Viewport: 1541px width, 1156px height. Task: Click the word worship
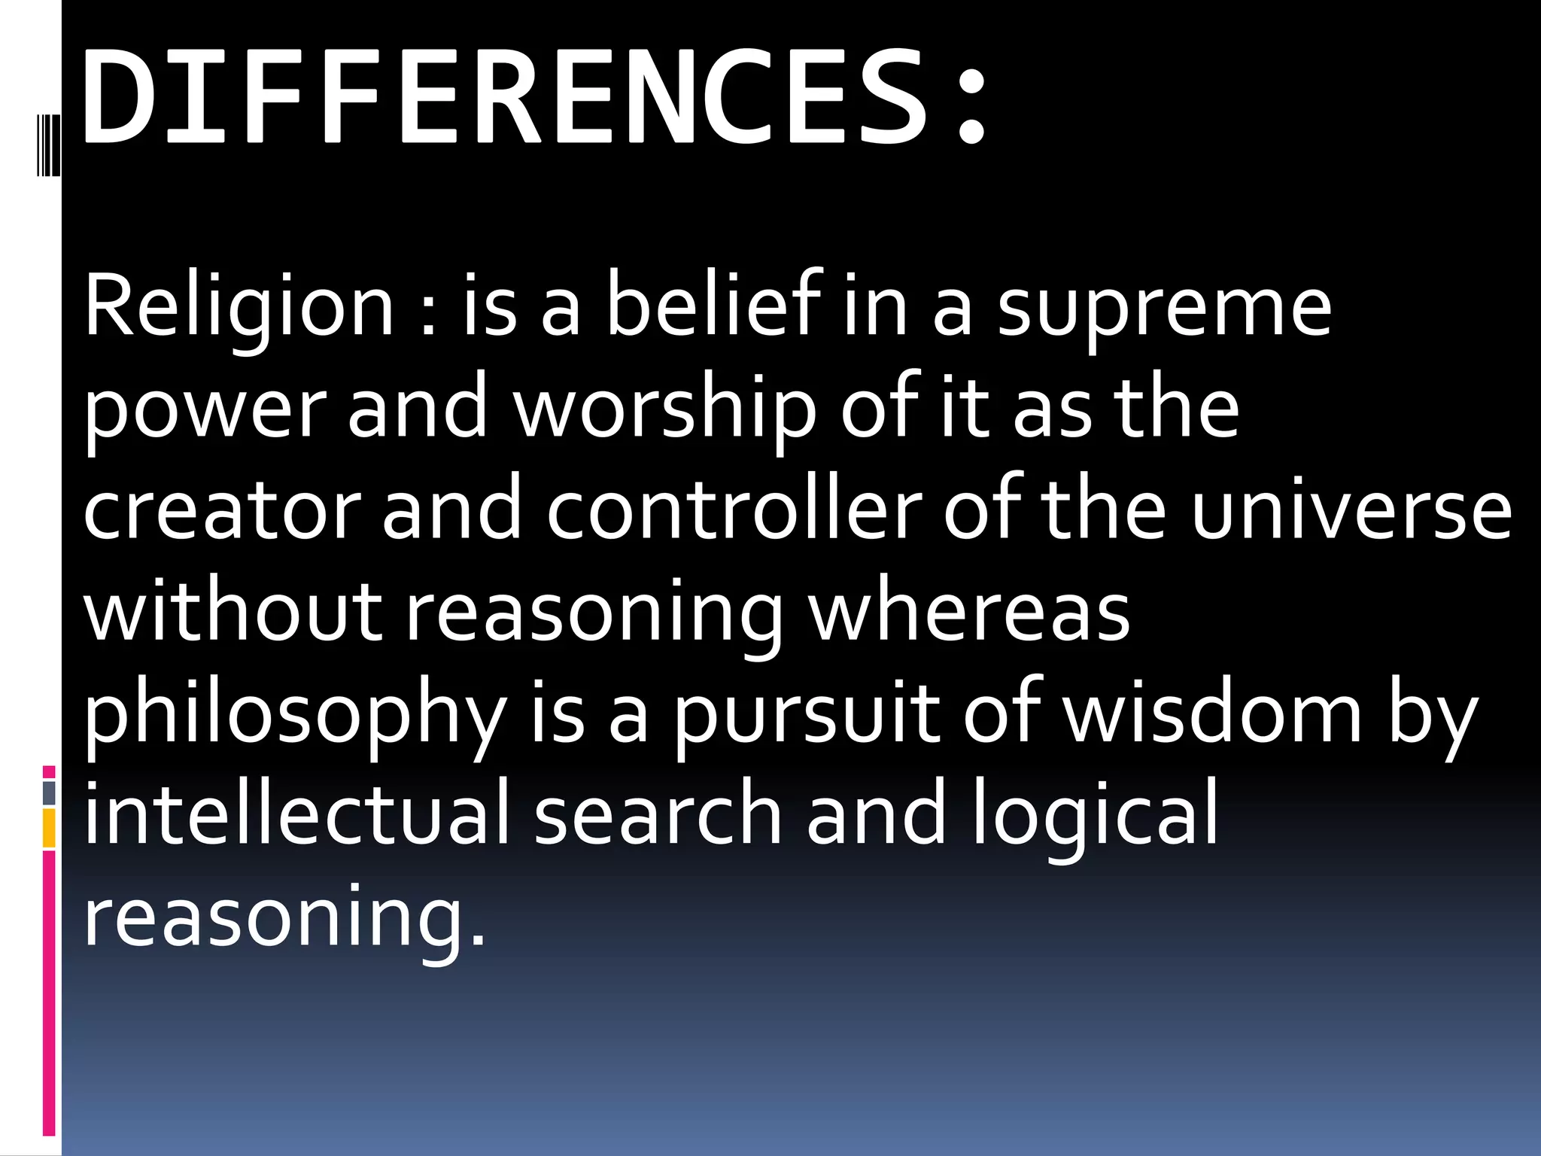tap(664, 410)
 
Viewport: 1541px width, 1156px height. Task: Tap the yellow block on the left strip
tap(49, 829)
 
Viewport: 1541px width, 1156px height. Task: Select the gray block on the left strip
tap(49, 792)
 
